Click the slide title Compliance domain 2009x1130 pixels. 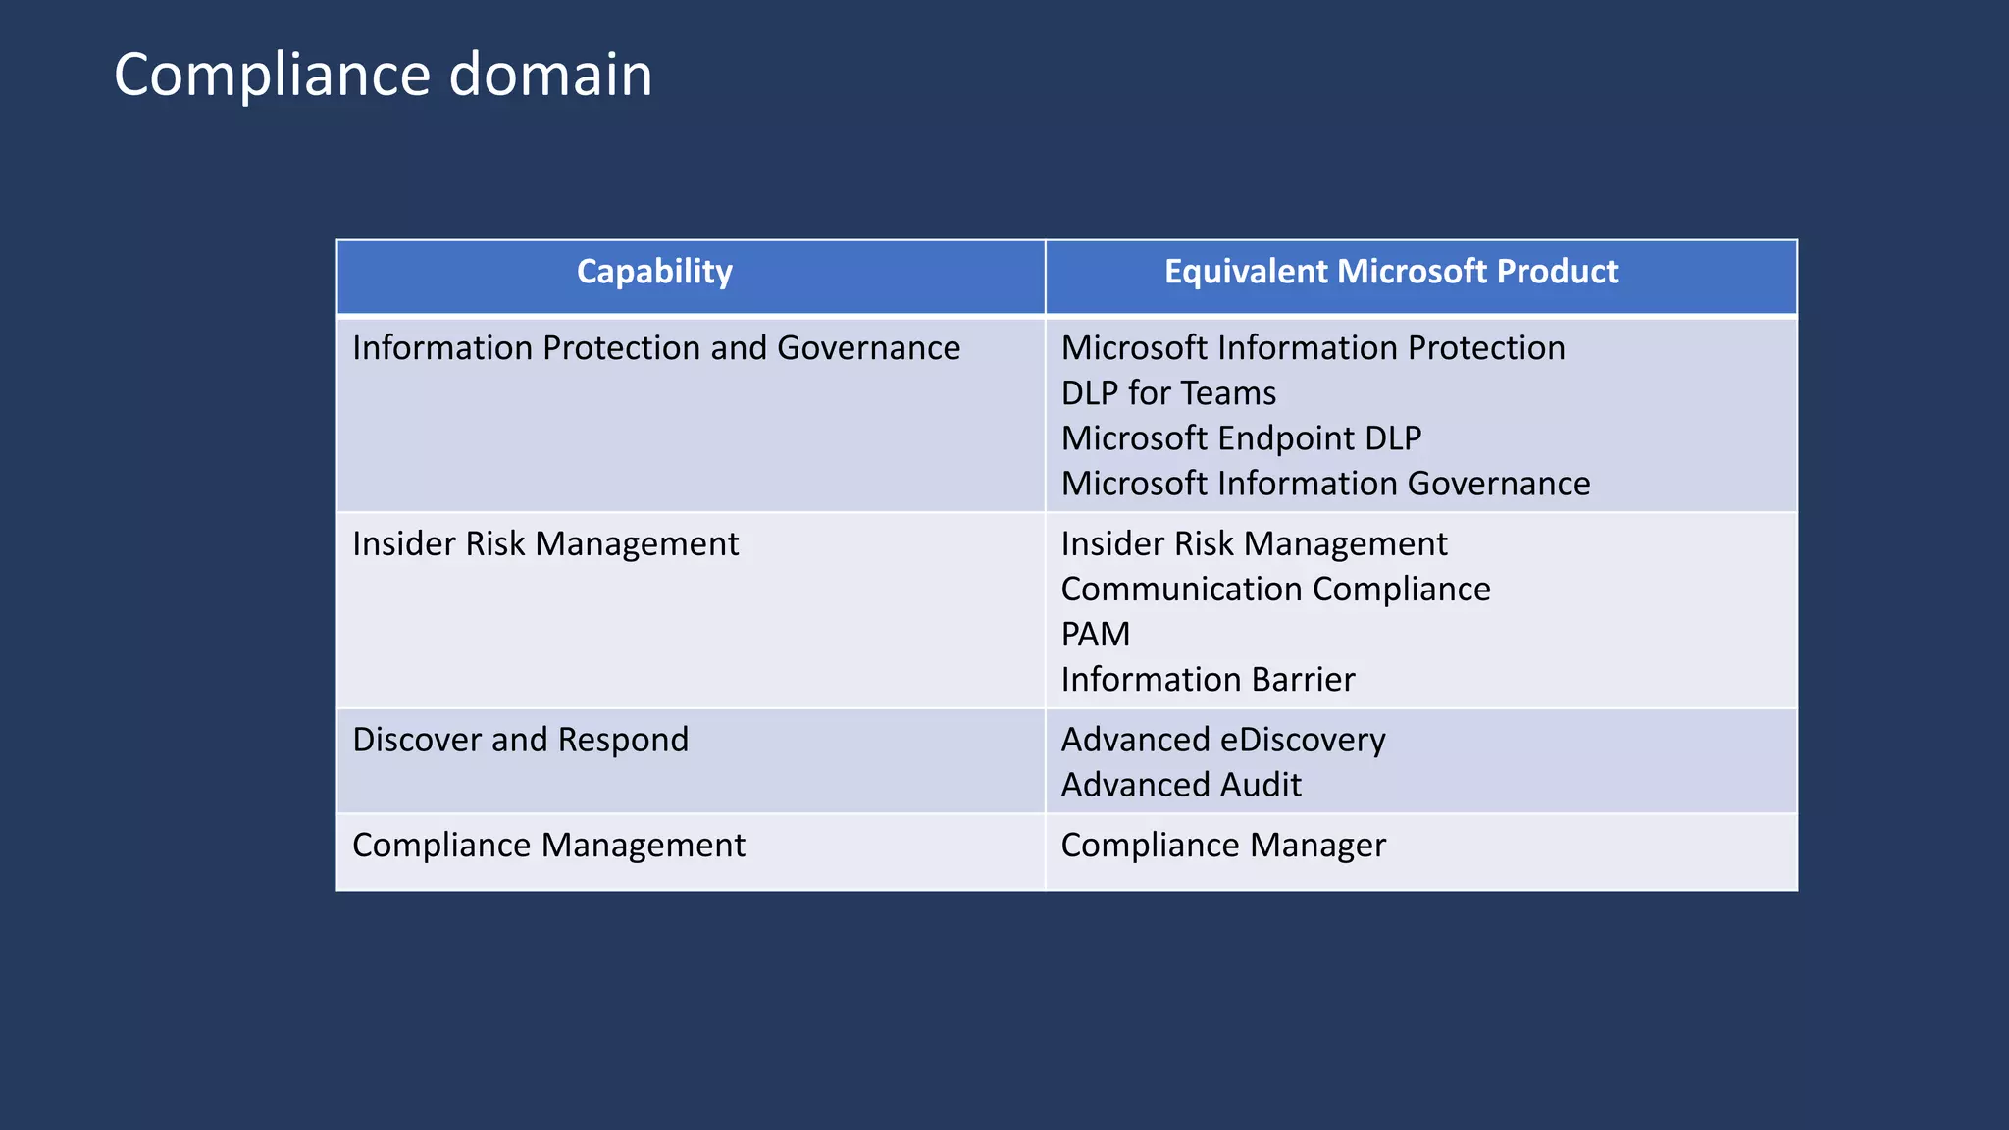point(383,75)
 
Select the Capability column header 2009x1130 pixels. point(654,272)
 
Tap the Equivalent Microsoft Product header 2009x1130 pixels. point(1390,272)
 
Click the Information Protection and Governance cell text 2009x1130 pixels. point(656,348)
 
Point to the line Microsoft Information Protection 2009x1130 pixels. point(1313,348)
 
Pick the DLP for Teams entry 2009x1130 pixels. point(1168,393)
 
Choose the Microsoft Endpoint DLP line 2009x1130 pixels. point(1241,438)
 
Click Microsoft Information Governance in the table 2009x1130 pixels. point(1325,484)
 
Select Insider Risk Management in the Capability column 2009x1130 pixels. point(545,544)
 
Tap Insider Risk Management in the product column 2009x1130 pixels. point(1254,544)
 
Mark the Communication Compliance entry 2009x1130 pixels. point(1275,590)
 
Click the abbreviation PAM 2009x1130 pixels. point(1096,635)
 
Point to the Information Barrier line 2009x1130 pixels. point(1208,680)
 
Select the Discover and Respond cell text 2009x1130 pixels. point(520,740)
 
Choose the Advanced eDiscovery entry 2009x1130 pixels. point(1223,740)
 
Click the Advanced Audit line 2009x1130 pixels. point(1181,785)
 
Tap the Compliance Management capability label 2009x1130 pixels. point(548,846)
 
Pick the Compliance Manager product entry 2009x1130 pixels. point(1223,846)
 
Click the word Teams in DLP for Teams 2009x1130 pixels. point(1229,393)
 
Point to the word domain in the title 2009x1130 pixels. point(550,75)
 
